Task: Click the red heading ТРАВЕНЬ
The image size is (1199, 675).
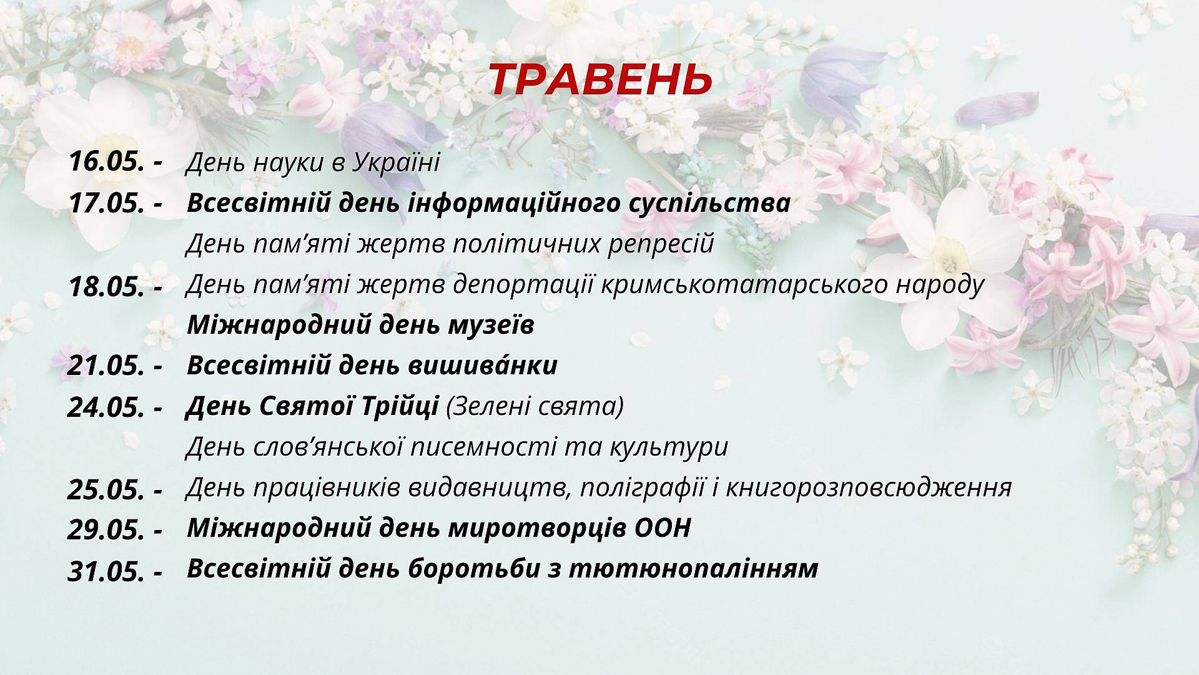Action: [599, 79]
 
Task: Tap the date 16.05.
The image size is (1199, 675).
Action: [107, 162]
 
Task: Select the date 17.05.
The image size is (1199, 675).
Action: [107, 203]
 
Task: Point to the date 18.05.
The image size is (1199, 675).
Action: [107, 286]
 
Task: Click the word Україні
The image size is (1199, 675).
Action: [396, 162]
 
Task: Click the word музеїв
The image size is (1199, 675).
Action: [491, 325]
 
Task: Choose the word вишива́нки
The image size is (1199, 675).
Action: [483, 365]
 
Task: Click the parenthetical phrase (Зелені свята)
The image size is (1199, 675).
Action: [535, 407]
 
